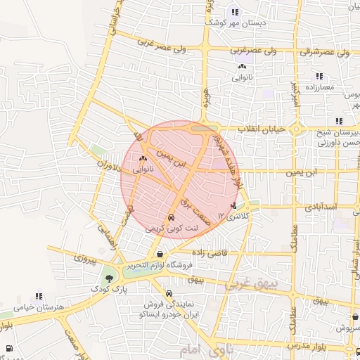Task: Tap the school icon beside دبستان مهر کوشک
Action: click(x=235, y=11)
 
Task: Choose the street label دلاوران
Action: click(x=107, y=168)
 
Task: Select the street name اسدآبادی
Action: click(x=321, y=207)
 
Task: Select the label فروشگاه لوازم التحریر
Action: click(x=160, y=266)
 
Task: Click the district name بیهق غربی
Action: click(x=249, y=283)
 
